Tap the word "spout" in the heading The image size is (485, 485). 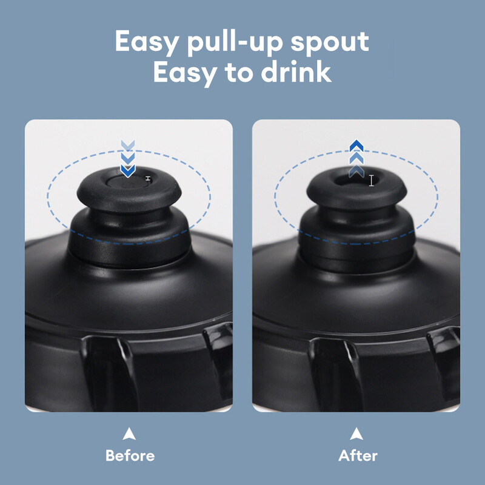(333, 42)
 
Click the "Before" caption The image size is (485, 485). (130, 455)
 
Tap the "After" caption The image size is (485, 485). (358, 455)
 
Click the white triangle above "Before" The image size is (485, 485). (129, 433)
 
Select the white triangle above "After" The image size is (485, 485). (357, 433)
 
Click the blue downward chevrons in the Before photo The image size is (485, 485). (128, 159)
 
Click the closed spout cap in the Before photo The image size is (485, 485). (128, 185)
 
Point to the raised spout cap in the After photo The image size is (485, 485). (355, 185)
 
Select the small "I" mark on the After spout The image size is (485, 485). (372, 180)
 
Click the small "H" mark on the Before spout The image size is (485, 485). (147, 178)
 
